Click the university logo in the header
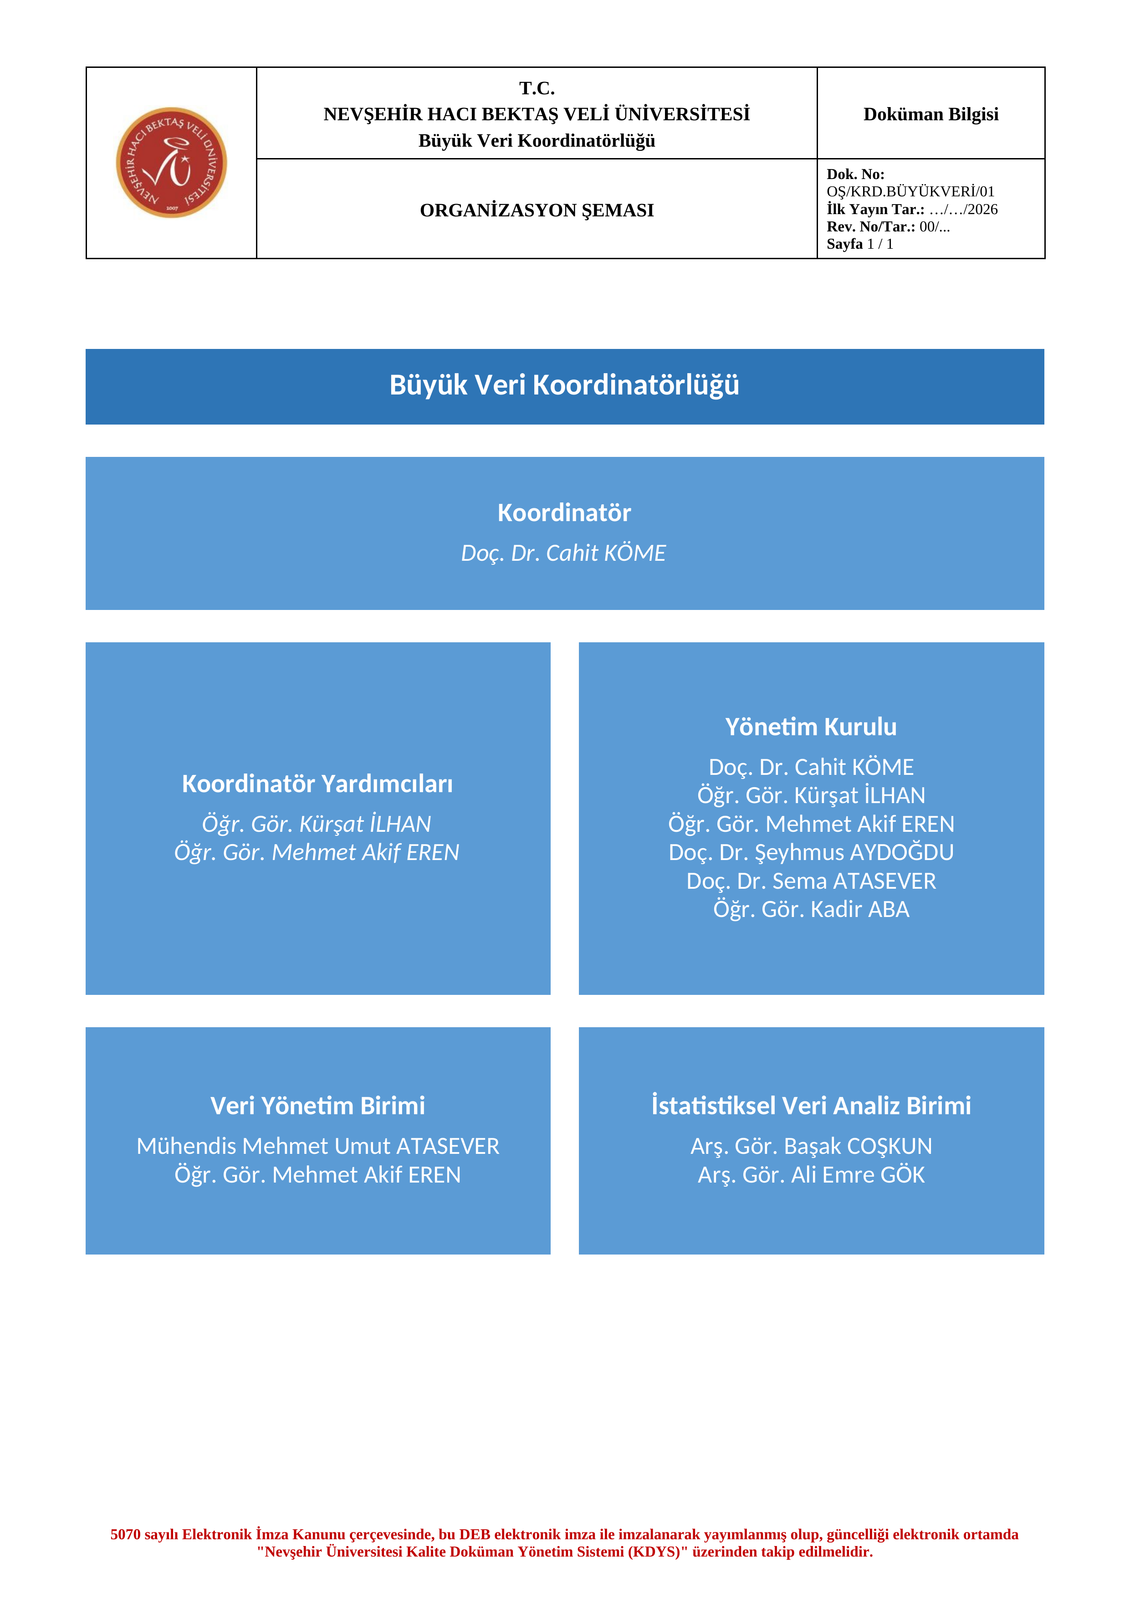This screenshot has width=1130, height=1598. click(171, 162)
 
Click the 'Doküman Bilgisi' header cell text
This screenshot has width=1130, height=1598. click(931, 114)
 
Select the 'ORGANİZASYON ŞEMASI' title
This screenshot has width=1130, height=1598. click(537, 210)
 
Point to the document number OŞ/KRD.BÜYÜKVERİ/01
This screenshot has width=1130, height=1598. click(910, 191)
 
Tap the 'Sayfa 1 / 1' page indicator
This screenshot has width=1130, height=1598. click(859, 244)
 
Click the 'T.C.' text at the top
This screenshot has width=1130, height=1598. click(537, 88)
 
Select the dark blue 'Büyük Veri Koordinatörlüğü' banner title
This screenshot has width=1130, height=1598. click(564, 385)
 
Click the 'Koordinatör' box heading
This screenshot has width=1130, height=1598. click(564, 512)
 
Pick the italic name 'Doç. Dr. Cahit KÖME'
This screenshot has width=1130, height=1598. click(563, 553)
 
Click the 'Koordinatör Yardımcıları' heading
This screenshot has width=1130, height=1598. click(317, 784)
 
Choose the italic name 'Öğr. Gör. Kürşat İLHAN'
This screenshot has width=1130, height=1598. click(317, 824)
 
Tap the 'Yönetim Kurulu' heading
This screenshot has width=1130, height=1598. click(811, 727)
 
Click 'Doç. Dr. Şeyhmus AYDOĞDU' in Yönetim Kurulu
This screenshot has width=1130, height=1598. click(811, 853)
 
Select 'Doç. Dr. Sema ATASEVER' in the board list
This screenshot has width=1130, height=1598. click(811, 881)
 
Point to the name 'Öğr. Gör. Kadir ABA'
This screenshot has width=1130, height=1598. click(811, 910)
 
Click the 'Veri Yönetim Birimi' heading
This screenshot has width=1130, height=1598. click(317, 1106)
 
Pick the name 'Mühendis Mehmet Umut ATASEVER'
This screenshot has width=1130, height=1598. click(318, 1146)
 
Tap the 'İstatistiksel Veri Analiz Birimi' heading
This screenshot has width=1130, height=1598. click(811, 1106)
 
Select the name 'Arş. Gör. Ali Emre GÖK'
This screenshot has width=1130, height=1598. click(811, 1175)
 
